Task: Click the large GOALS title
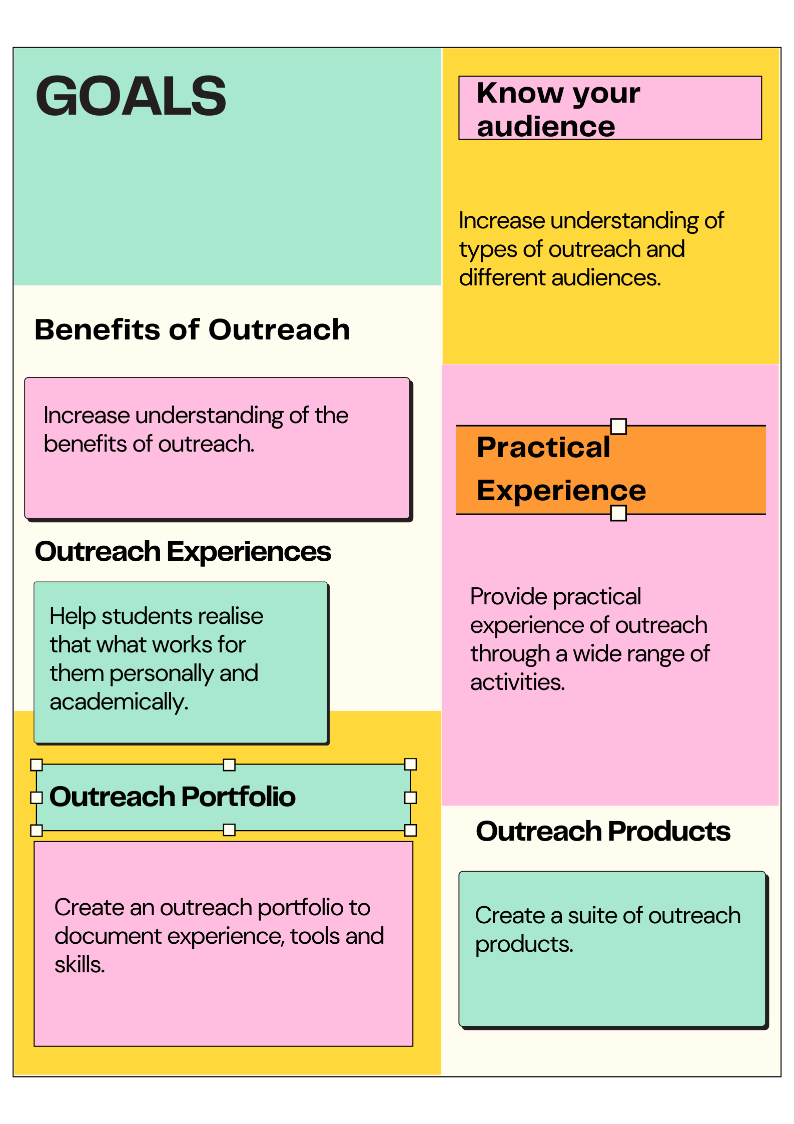pos(131,96)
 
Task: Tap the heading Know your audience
pos(558,109)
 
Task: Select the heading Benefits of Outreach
pos(192,330)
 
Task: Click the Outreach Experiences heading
pos(183,552)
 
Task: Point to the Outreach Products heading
pos(603,832)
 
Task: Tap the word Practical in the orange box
pos(543,447)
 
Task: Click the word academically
pos(119,702)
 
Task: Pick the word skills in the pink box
pos(80,965)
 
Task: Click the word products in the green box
pos(524,945)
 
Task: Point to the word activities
pos(517,682)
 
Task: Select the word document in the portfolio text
pos(108,936)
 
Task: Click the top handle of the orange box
pos(618,427)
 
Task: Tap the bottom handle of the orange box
pos(618,513)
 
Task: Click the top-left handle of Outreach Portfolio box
pos(37,765)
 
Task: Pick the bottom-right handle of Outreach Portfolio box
pos(410,831)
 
